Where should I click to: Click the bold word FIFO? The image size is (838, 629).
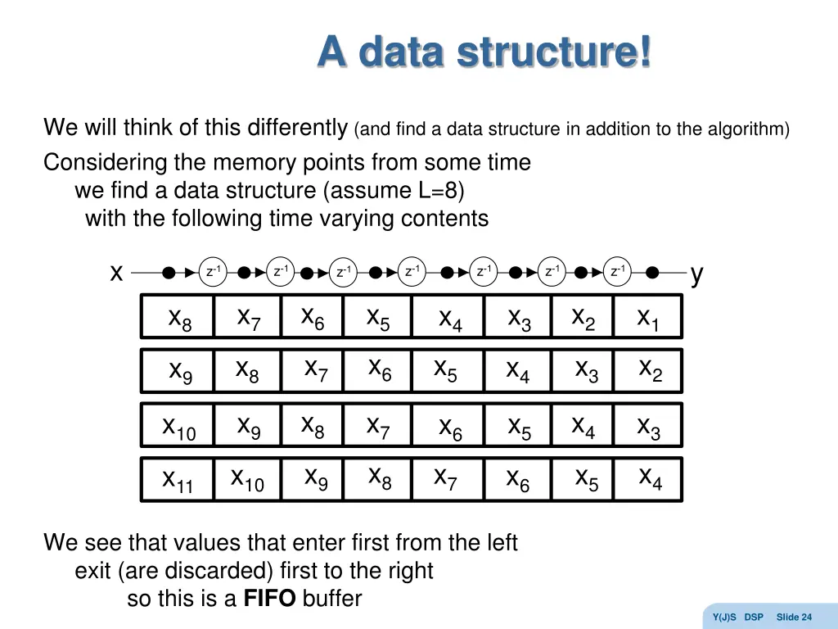(269, 599)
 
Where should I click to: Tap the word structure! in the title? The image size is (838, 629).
(554, 52)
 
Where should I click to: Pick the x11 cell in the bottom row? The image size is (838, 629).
(178, 480)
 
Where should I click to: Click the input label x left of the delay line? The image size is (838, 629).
(117, 273)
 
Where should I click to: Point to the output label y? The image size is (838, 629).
(696, 274)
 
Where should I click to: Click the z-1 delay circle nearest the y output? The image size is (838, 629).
(618, 272)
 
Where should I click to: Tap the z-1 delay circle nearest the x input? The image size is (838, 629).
(213, 272)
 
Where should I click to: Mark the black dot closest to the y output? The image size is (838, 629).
(652, 273)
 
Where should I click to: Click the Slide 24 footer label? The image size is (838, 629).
(794, 617)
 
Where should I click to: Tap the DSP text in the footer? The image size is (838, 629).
(754, 617)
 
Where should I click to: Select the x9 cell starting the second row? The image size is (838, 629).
(180, 371)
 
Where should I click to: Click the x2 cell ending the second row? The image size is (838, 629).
(650, 370)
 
